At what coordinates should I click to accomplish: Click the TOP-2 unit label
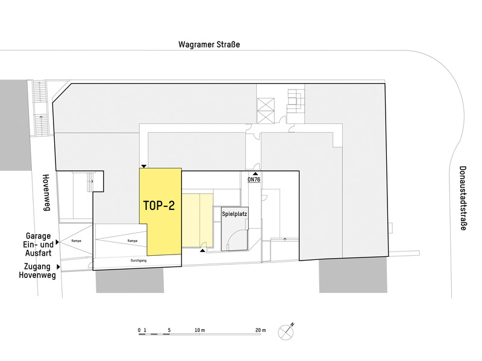click(159, 205)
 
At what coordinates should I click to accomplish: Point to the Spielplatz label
click(235, 214)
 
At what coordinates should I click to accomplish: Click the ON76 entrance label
click(254, 179)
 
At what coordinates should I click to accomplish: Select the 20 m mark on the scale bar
click(260, 331)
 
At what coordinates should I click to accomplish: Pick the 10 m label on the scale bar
click(200, 331)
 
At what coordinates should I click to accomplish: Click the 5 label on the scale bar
click(169, 331)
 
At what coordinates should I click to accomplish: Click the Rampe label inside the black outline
click(133, 241)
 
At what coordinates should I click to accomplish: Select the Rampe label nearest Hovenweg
click(77, 241)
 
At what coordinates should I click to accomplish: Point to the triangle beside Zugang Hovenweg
click(58, 266)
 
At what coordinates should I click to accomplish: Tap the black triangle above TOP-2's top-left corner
click(143, 165)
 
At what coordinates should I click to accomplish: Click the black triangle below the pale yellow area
click(204, 250)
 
